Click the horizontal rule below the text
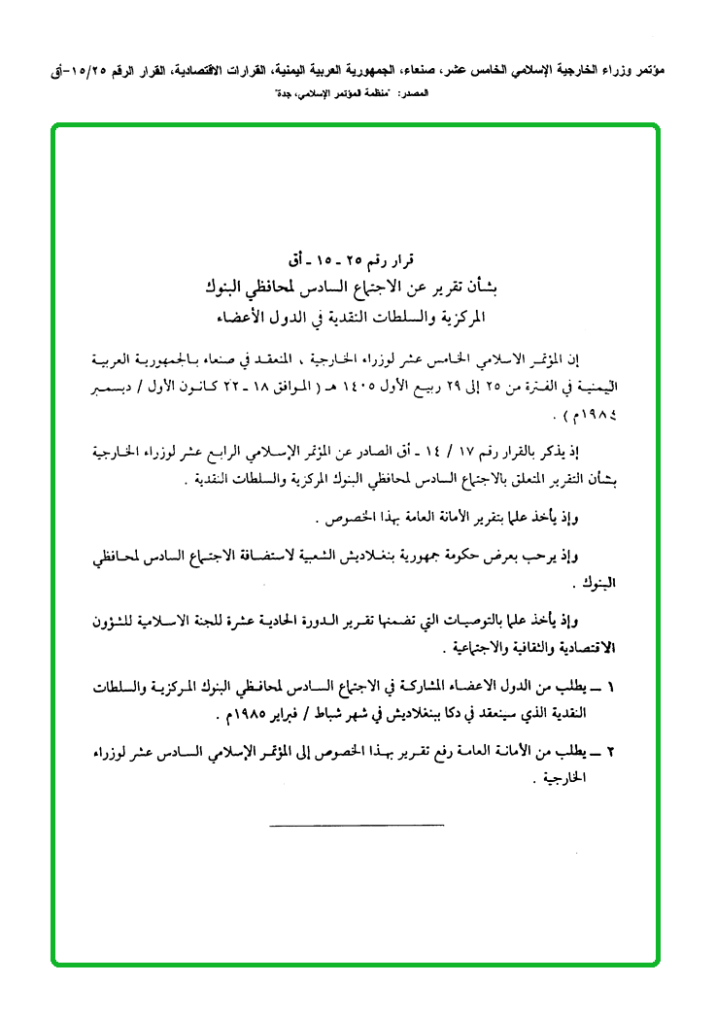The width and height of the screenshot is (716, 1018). click(x=355, y=826)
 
